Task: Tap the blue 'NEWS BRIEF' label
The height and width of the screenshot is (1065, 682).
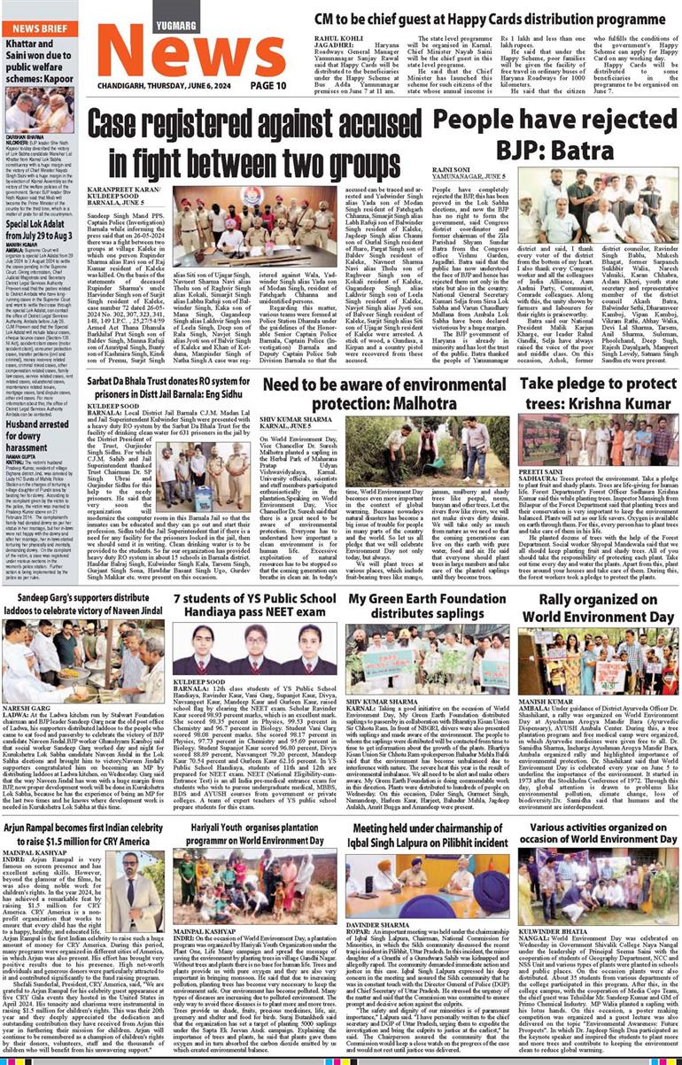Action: [39, 28]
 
